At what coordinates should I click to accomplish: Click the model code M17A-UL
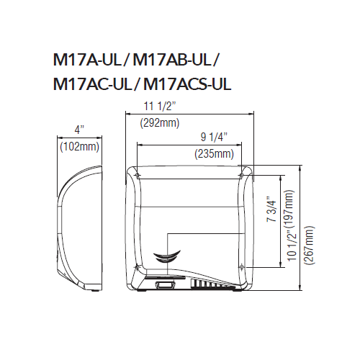coord(88,60)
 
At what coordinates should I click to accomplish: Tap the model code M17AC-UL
coord(92,84)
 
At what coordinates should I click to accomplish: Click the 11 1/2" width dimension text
coord(160,107)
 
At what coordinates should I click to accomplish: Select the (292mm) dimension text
coord(160,123)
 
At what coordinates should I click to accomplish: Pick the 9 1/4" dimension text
coord(214,137)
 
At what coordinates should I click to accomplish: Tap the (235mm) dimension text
coord(214,153)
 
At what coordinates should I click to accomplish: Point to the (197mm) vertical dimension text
coord(288,214)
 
